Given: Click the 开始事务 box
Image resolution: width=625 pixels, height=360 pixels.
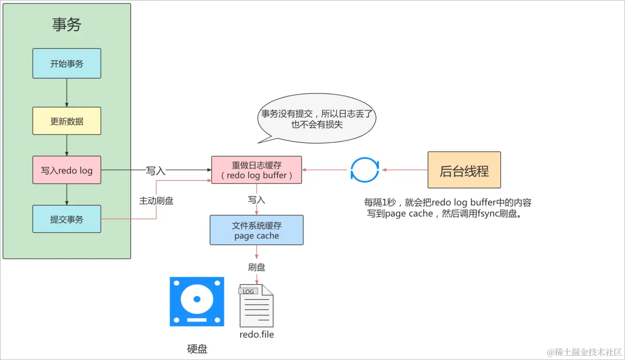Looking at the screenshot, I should tap(67, 63).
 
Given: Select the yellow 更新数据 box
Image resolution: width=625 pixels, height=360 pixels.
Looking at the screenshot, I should tap(67, 121).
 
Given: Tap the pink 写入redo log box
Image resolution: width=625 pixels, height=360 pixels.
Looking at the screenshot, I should tap(67, 170).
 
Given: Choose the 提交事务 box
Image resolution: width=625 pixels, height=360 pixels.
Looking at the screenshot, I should tap(67, 219).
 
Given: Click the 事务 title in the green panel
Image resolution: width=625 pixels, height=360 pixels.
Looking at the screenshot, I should tap(67, 24).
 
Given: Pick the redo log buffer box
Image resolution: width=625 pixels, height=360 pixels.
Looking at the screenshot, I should tap(256, 170).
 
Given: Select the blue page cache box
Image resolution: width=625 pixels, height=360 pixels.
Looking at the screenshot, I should tap(256, 230).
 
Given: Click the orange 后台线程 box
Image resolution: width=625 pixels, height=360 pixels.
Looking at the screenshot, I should tap(464, 170).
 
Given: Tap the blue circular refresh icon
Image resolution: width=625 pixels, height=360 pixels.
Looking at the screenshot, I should tap(364, 170).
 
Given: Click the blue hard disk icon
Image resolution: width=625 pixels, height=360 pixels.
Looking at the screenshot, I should tap(197, 302).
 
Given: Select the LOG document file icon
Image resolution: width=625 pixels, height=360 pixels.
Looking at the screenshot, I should tap(256, 305).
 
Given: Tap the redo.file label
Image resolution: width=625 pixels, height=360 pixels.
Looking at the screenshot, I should tap(257, 335).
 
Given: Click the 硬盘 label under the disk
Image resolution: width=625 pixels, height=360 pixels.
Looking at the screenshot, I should tap(197, 349).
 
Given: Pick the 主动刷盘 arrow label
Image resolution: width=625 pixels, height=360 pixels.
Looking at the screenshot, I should tap(156, 201).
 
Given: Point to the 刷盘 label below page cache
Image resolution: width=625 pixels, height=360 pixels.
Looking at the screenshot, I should tap(257, 267).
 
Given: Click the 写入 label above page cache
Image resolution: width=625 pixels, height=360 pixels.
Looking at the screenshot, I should tap(257, 200).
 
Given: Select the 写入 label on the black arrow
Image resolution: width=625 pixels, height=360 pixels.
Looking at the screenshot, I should tap(156, 171).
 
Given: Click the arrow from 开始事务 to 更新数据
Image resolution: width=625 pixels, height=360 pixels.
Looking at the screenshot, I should tap(67, 93).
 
